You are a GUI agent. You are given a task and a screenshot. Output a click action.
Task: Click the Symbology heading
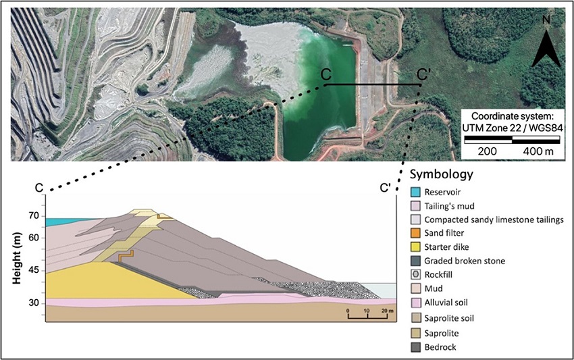442,174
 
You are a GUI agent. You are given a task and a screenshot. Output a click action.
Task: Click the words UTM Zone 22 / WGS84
513,126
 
